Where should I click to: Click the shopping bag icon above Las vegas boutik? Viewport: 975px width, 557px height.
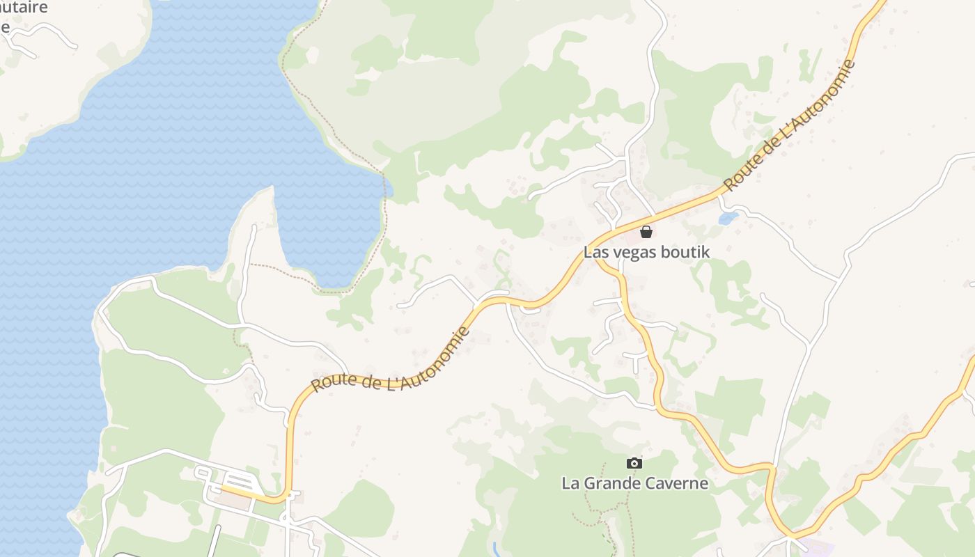(x=646, y=232)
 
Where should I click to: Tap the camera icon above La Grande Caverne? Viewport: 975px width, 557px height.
(x=634, y=463)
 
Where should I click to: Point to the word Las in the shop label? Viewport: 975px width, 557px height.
(x=595, y=252)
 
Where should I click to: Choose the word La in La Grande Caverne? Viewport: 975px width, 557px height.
(x=570, y=483)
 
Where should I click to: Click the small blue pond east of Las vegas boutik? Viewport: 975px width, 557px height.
(x=728, y=219)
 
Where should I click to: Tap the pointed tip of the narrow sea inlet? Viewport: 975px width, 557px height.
(x=271, y=189)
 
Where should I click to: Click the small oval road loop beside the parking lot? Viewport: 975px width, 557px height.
(x=203, y=473)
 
